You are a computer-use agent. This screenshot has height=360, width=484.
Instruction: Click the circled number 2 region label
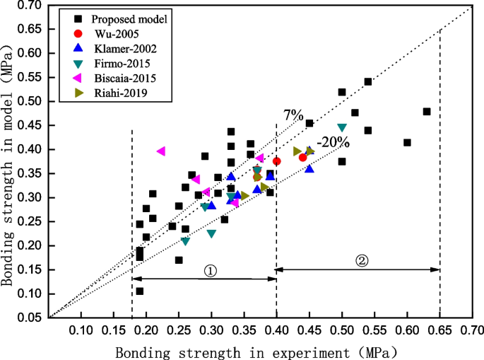(361, 260)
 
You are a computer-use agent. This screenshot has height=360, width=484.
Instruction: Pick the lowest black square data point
(140, 291)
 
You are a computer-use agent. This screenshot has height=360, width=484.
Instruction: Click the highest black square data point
(368, 82)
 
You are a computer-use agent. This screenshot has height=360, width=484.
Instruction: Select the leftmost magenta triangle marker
(161, 151)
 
